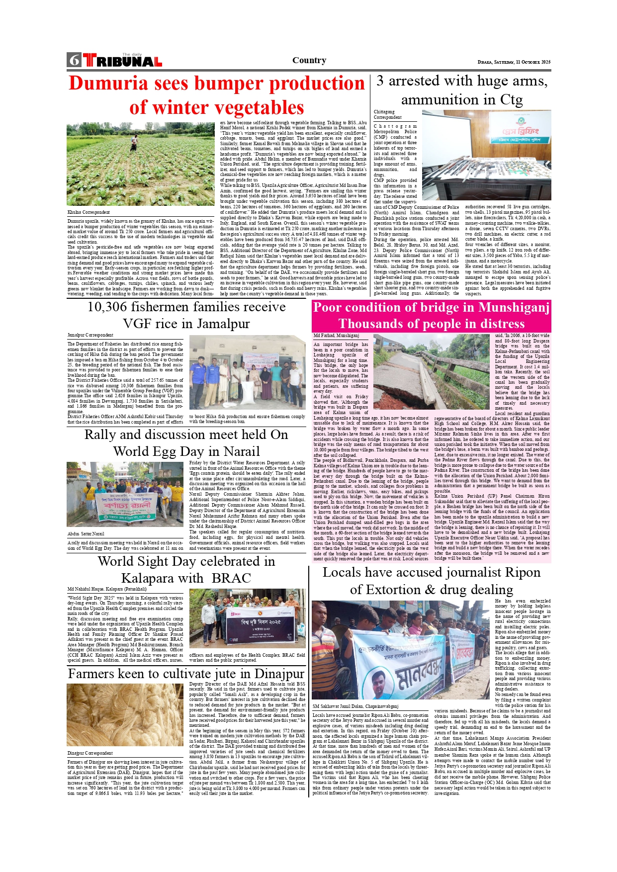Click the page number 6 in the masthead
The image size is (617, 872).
tap(74, 60)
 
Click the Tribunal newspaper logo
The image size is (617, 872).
tap(123, 61)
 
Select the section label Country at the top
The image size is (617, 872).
tap(309, 60)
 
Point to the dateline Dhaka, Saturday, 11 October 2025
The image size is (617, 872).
tap(514, 62)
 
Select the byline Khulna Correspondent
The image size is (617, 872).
tap(88, 212)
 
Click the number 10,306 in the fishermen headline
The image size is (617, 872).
tap(107, 307)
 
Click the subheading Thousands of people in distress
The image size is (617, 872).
tap(432, 324)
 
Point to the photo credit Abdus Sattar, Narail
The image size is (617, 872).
tap(86, 533)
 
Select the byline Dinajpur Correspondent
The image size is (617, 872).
tap(90, 753)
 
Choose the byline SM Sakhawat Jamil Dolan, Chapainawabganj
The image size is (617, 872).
tap(355, 706)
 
